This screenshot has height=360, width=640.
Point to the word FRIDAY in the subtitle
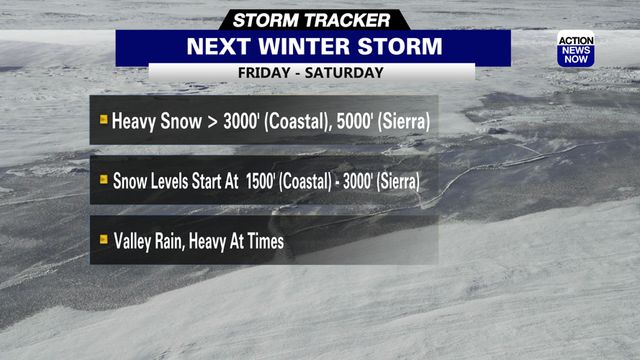point(265,73)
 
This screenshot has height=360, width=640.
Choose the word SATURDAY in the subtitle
point(343,73)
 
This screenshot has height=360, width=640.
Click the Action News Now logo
point(575,50)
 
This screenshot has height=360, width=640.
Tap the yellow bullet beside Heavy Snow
point(104,120)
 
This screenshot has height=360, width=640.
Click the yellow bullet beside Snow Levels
point(104,179)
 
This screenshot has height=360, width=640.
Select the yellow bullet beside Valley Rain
point(104,239)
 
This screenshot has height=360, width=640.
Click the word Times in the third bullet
point(265,241)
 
